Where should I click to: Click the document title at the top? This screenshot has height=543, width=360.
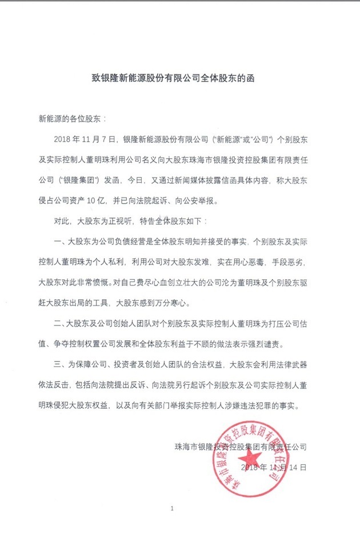point(180,81)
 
